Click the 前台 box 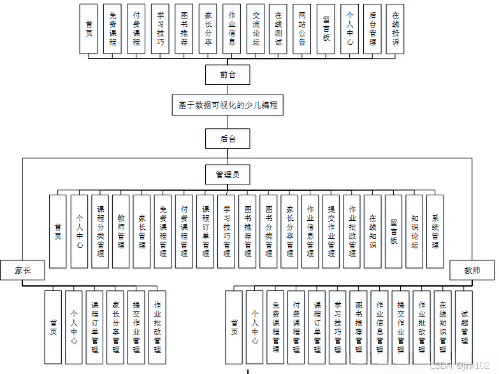coord(228,75)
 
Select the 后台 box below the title coord(228,138)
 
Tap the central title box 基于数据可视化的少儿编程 coord(228,105)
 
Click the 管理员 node coord(228,174)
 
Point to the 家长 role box coord(22,270)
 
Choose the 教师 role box coord(473,270)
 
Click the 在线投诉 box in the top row coord(396,29)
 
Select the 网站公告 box coord(302,29)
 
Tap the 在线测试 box coord(278,29)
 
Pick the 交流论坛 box coord(256,29)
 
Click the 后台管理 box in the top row coord(373,29)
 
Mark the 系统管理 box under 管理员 coord(435,231)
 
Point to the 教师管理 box coord(120,231)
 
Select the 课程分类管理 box coord(100,231)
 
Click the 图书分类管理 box coord(268,231)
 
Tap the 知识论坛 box coord(414,231)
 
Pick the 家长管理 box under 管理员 coord(141,231)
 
